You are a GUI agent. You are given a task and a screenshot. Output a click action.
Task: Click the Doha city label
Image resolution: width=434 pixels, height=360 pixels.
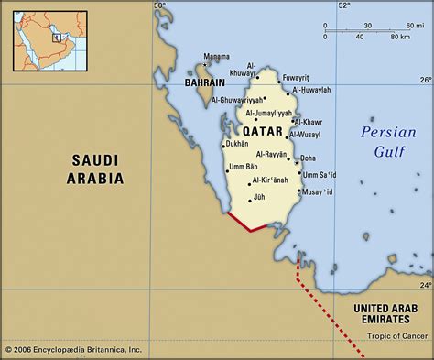click(x=308, y=158)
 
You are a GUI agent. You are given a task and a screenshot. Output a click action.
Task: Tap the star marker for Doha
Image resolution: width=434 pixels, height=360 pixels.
click(x=296, y=157)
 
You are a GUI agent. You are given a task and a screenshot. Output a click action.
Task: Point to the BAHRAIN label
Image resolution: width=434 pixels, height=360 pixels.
click(x=205, y=82)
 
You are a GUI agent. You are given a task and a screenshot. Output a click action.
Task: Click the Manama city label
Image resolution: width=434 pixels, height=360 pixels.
click(x=216, y=56)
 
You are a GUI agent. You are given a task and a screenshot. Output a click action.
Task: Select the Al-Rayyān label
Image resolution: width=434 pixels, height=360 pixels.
click(x=272, y=154)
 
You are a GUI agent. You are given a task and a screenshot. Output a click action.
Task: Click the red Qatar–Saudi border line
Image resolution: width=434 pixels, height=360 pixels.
click(x=246, y=223)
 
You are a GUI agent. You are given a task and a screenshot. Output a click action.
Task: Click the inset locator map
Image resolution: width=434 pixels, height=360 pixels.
click(x=40, y=38)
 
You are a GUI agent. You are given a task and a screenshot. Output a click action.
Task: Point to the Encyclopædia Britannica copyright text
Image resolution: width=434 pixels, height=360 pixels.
click(x=72, y=349)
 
